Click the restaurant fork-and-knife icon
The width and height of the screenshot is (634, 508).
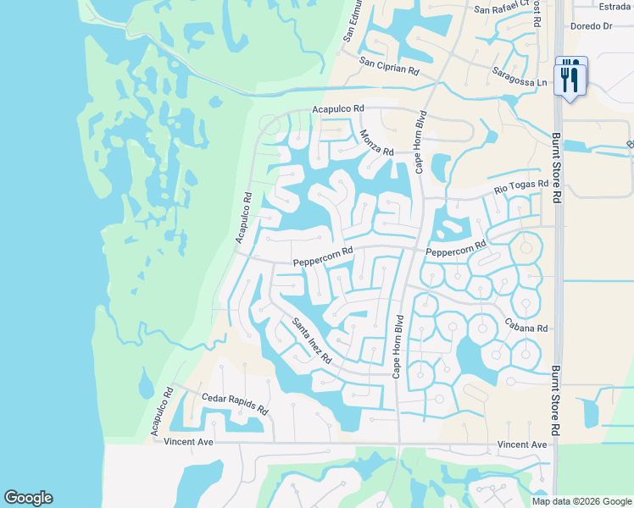pos(570,78)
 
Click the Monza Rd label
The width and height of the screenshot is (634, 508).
pos(376,142)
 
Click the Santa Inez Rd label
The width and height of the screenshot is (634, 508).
pos(312,341)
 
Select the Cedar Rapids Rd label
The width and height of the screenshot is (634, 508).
pos(235,403)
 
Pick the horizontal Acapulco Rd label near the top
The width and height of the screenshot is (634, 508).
pos(337,109)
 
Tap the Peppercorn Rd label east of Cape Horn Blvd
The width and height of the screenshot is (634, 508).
pos(455,249)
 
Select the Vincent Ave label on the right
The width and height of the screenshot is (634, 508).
pos(522,444)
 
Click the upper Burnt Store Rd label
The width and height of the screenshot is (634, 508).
pos(556,166)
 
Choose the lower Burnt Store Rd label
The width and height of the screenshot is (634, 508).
pos(556,400)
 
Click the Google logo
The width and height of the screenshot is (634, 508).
pos(28,498)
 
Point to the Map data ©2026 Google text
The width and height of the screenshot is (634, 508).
pos(582,501)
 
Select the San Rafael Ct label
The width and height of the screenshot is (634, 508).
pos(502,8)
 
